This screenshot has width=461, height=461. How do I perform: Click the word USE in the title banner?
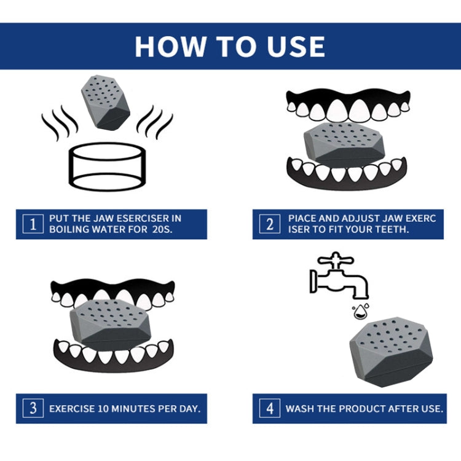[x=296, y=47]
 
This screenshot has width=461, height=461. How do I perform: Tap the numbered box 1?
[x=33, y=224]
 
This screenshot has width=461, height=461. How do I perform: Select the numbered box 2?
[x=270, y=224]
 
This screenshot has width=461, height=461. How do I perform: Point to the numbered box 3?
[x=33, y=408]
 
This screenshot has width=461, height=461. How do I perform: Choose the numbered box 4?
[x=270, y=408]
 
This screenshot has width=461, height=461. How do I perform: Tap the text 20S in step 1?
[x=162, y=229]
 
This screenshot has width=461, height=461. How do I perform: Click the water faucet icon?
[x=339, y=275]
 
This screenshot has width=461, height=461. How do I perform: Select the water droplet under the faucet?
[x=361, y=312]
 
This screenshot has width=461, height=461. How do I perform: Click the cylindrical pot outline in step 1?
[x=108, y=167]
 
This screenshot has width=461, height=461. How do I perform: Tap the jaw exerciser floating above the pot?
[x=105, y=103]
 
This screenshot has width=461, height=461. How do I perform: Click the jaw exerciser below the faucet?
[x=392, y=352]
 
